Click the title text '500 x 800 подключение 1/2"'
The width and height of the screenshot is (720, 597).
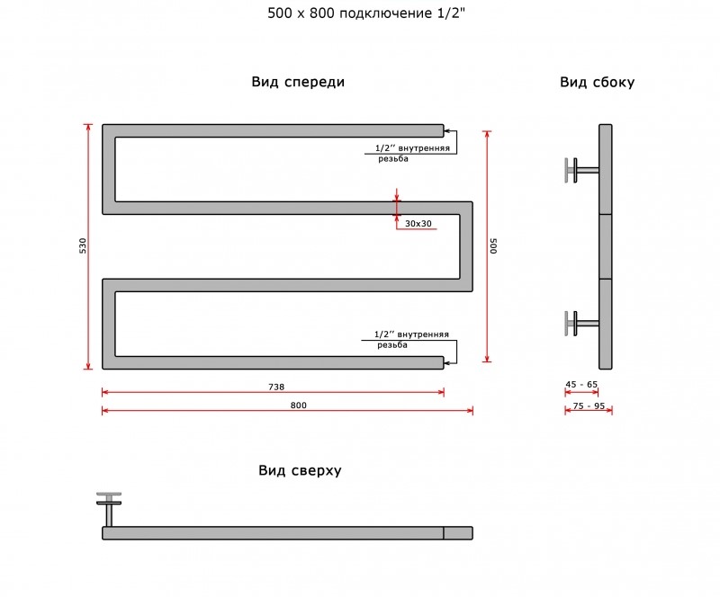tap(366, 13)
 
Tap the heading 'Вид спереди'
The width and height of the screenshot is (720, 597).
tap(298, 82)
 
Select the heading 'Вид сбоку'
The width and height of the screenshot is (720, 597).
tap(597, 82)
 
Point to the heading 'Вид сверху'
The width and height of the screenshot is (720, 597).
tap(300, 471)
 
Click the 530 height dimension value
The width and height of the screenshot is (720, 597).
tap(83, 246)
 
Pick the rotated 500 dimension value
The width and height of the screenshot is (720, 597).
tap(493, 246)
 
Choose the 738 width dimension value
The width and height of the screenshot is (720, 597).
tap(276, 387)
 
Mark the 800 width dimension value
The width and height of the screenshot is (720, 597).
tap(299, 405)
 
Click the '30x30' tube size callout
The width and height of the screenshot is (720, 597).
tap(418, 224)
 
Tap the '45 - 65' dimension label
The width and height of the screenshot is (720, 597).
tap(581, 384)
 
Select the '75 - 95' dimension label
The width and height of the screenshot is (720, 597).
tap(589, 406)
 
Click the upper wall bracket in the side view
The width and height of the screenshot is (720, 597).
tap(581, 170)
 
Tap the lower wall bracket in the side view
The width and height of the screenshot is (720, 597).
tap(581, 324)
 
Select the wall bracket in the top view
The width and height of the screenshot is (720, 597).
tap(109, 510)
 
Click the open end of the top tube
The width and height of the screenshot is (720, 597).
tap(444, 130)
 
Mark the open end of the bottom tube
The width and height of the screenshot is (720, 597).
tap(444, 362)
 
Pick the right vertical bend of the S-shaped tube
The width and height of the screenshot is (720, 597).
tap(466, 246)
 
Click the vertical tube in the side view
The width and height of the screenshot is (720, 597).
tap(605, 246)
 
